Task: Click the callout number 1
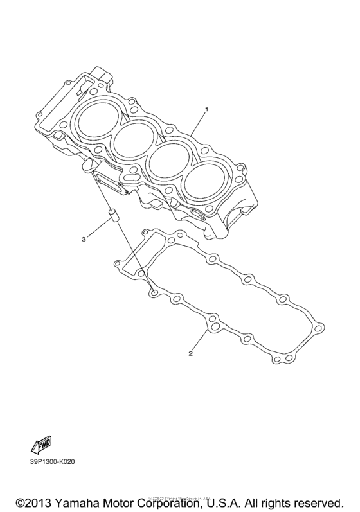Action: click(206, 110)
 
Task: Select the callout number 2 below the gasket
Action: click(191, 353)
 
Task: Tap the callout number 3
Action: click(83, 239)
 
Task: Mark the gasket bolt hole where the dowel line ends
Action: click(154, 292)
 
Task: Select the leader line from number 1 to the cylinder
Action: click(197, 123)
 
